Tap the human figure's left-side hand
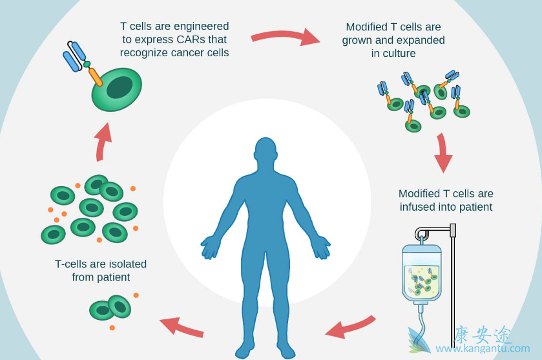click(210, 247)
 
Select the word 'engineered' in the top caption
click(200, 26)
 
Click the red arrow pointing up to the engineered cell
click(102, 140)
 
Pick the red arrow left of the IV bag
click(350, 326)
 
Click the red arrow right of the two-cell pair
click(182, 326)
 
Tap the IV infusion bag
click(421, 272)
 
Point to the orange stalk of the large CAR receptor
click(95, 76)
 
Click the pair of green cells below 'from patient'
click(110, 308)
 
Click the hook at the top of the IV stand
click(421, 233)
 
